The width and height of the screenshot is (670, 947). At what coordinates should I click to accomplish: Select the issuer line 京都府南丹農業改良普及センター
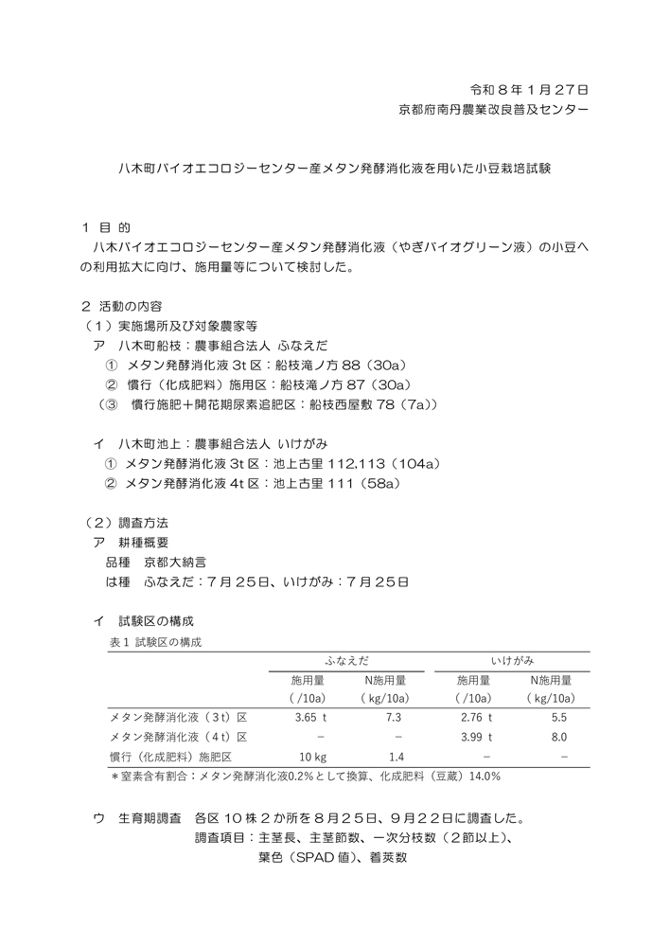pos(493,110)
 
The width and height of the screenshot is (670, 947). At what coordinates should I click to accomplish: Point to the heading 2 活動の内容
pos(122,306)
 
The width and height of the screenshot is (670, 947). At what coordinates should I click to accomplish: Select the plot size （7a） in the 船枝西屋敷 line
pos(414,404)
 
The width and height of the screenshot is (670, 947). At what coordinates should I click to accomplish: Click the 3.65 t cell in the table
pos(310,718)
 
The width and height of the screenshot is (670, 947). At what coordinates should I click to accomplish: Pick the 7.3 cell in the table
pos(394,718)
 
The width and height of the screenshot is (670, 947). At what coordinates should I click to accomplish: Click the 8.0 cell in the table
pos(559,737)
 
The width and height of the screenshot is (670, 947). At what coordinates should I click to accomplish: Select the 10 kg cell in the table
pos(312,757)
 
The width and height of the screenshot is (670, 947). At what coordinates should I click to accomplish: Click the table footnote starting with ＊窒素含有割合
pos(306,777)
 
